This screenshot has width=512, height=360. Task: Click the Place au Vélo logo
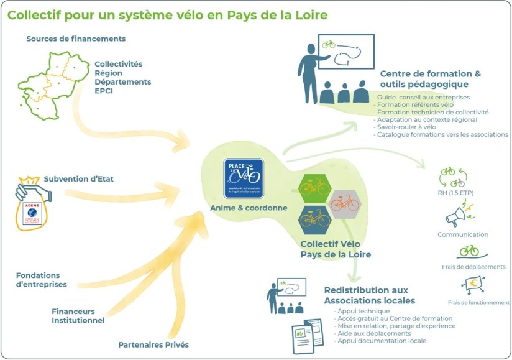point(244,178)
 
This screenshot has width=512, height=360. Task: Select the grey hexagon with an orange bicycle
point(344,202)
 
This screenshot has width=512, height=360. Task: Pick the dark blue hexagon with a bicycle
point(315,218)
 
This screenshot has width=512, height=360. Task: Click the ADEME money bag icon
point(29,209)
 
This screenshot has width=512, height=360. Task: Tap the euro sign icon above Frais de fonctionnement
point(472,286)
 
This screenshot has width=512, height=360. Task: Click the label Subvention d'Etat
point(78,179)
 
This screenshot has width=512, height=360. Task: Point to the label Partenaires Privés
point(153,344)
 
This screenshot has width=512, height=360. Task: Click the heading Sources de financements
point(76,39)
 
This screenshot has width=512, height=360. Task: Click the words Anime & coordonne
point(248,208)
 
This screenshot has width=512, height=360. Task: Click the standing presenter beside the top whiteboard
point(309,72)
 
